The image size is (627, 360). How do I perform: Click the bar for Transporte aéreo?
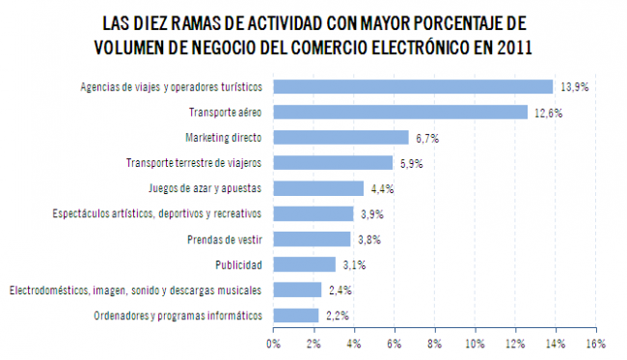click(400, 113)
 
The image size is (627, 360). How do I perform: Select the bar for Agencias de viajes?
click(413, 87)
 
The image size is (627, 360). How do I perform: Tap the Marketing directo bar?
click(341, 138)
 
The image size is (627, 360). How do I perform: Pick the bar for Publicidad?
click(305, 264)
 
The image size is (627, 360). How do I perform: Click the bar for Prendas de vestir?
click(312, 238)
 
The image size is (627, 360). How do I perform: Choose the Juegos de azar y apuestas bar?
click(318, 188)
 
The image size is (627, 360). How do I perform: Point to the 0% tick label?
click(274, 342)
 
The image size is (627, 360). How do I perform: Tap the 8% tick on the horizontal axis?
click(434, 342)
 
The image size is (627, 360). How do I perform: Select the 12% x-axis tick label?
click(513, 342)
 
